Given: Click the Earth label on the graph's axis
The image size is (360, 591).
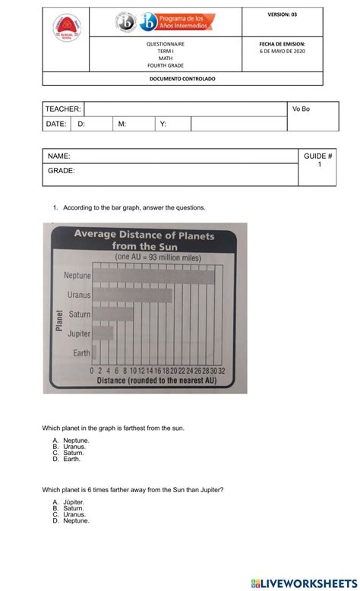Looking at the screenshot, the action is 81,353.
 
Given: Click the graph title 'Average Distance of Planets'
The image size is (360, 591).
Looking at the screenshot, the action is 144,235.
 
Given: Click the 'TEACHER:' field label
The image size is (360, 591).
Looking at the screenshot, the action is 62,109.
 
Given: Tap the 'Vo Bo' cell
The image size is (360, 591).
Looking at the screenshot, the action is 301,109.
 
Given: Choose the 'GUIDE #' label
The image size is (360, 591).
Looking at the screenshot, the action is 318,156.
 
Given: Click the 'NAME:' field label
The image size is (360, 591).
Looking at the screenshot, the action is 59,156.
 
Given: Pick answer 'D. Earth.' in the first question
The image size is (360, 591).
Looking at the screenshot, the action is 66,460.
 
